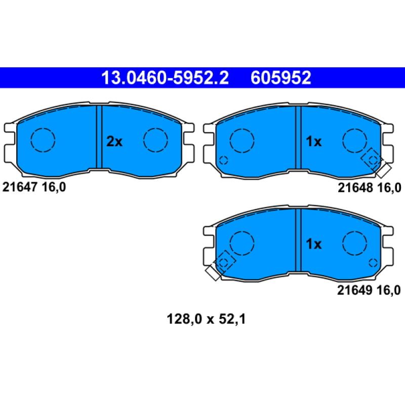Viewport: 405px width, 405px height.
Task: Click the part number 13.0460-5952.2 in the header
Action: [x=165, y=77]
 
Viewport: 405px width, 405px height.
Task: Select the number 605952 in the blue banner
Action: [x=280, y=77]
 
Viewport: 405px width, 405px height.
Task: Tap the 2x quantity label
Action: [x=114, y=142]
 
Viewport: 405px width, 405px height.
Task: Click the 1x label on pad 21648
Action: [x=314, y=142]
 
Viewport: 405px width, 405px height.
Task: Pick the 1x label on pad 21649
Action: [x=314, y=245]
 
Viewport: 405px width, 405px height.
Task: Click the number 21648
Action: [x=355, y=188]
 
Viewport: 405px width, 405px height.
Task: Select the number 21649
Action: [x=354, y=290]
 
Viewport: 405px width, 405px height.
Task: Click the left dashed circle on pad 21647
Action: [x=43, y=139]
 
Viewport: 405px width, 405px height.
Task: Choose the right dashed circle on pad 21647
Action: [x=155, y=140]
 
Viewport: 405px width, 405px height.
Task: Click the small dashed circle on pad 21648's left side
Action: [x=223, y=161]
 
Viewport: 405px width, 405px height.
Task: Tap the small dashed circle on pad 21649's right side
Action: [x=373, y=263]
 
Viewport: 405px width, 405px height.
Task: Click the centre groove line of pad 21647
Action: [x=99, y=137]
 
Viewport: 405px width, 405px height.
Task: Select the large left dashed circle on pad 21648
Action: [x=242, y=140]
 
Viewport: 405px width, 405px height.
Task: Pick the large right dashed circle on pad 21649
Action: [x=354, y=242]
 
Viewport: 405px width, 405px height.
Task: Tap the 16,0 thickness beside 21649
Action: [x=388, y=290]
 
